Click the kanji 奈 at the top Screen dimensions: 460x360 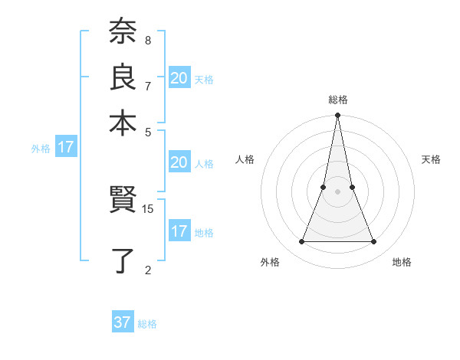123,34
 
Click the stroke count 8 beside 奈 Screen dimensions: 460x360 147,40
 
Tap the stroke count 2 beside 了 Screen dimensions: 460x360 147,269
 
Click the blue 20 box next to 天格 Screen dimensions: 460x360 179,77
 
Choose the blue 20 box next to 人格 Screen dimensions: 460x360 179,162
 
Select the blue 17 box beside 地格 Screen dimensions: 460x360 179,231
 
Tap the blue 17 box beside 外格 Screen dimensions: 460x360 66,147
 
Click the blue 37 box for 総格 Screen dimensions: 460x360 123,322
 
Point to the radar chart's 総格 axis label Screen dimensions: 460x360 337,100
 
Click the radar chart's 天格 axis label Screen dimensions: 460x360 431,159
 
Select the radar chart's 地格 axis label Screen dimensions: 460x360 402,263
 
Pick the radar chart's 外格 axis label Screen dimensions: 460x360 270,263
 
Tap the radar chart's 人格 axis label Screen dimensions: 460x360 245,159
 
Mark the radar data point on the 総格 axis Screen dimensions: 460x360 337,116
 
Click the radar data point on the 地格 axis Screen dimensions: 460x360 374,242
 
